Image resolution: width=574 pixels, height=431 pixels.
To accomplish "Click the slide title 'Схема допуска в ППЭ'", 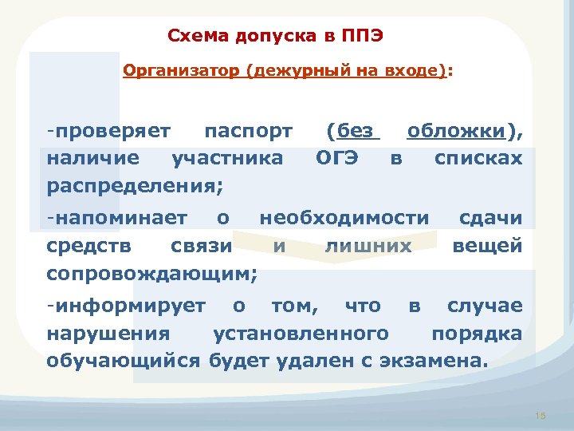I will click(x=280, y=36).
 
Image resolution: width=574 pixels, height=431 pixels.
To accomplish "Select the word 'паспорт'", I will click(x=248, y=129).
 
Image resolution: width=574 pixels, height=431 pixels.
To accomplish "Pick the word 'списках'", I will click(x=478, y=157).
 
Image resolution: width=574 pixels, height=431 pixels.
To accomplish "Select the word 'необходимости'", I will click(x=344, y=217).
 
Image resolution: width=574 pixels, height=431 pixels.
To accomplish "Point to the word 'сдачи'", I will click(x=490, y=217).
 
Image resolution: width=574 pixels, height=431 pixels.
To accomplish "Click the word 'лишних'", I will click(x=368, y=246).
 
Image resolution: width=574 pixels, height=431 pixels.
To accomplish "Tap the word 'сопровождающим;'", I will click(x=151, y=274).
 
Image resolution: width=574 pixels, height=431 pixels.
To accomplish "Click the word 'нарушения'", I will click(x=108, y=333).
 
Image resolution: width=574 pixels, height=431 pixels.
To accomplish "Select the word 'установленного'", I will click(x=301, y=333).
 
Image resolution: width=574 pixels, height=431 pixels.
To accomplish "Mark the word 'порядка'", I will click(x=477, y=333).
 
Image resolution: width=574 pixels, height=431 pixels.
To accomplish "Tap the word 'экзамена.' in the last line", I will click(x=431, y=361).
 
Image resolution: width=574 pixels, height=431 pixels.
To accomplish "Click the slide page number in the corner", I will click(x=541, y=416).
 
